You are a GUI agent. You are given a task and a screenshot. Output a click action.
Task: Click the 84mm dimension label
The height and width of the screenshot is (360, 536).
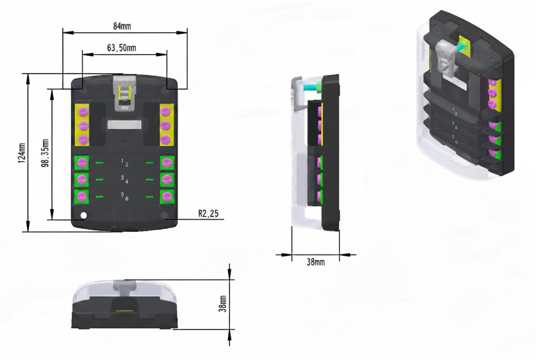coord(122,26)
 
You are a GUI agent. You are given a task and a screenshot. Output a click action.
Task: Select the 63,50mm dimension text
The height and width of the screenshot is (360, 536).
coord(121,48)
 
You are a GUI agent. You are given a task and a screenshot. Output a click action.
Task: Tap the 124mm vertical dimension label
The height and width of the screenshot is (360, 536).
coord(22,153)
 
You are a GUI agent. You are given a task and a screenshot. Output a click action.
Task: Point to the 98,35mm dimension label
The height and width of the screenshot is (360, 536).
coord(45,153)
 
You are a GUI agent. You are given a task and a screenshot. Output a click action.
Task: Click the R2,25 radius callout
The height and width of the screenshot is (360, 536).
coord(208,213)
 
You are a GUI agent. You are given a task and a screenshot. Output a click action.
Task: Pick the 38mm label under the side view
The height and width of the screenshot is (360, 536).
coord(315,262)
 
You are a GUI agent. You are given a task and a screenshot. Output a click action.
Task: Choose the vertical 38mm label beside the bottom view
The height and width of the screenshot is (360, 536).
coord(222,304)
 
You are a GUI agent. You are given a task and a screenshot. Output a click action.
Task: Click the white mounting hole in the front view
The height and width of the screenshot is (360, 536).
coord(83,215)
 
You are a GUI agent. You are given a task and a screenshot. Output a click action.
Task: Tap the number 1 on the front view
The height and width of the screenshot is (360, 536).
coord(122,160)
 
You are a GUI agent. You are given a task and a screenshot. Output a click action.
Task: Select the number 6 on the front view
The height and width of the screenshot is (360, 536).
coord(127,199)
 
